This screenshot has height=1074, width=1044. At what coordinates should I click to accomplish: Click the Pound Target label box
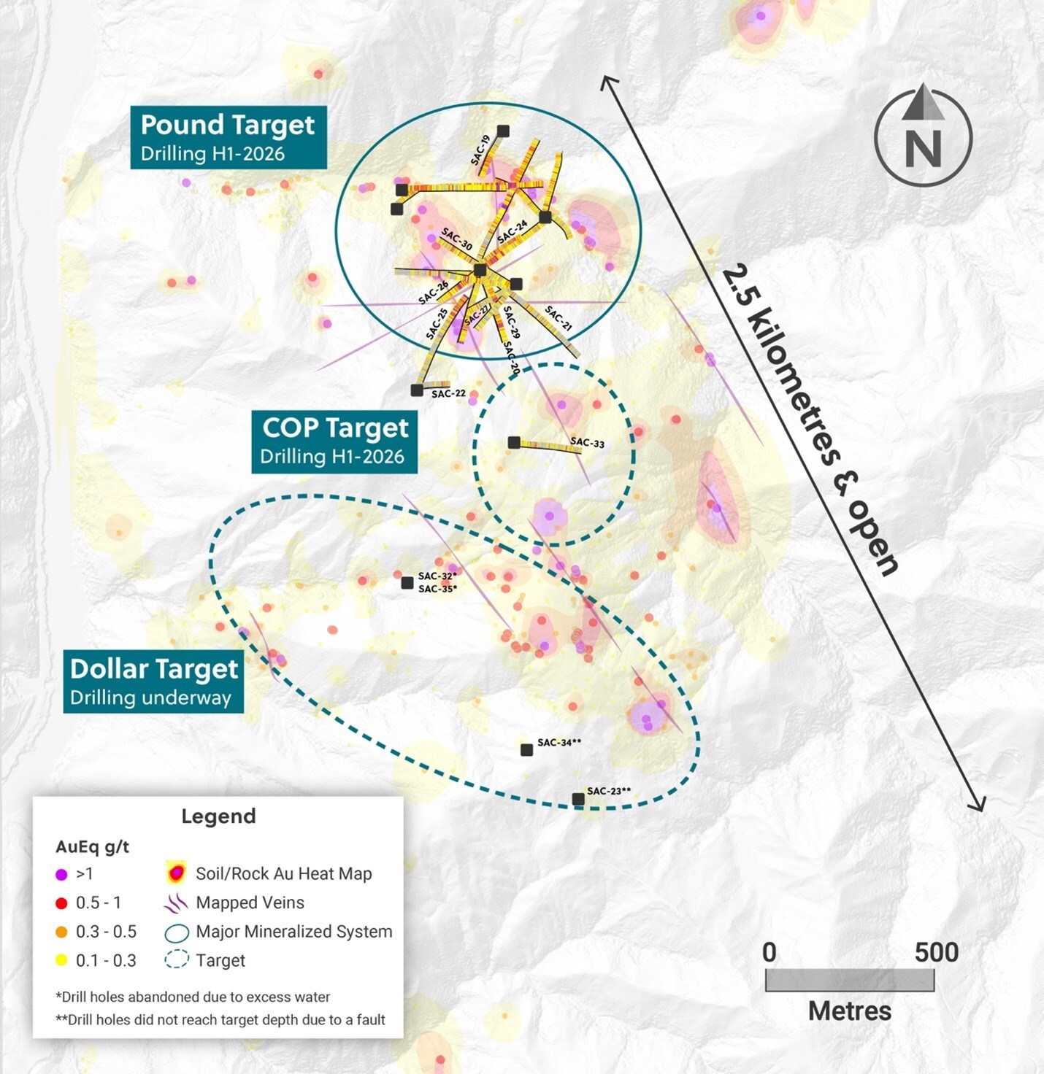coord(228,137)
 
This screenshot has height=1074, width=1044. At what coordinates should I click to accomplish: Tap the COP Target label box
coord(334,441)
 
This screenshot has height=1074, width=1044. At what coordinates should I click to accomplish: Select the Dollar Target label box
coord(153,681)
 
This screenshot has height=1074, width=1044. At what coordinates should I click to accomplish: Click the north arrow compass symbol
coord(923,137)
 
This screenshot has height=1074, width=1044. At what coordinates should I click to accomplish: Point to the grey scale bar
coord(849,981)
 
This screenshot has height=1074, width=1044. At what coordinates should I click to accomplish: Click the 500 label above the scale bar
coord(936,952)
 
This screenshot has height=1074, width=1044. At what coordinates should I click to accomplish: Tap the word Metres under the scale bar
coord(849,1011)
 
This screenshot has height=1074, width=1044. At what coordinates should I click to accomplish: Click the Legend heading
coord(218,816)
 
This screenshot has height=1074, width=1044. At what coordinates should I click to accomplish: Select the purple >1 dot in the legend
coord(62,874)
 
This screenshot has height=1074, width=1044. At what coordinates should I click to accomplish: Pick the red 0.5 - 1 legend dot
coord(62,903)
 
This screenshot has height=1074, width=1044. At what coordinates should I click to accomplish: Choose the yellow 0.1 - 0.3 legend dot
coord(62,961)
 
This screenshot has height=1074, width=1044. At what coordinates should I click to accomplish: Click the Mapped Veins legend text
coord(250,903)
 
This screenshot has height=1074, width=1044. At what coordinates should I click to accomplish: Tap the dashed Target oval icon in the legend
coord(177,960)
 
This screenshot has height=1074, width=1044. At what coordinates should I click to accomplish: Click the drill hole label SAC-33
coord(587,443)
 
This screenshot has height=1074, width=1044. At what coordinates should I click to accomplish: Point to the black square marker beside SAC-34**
coord(526,750)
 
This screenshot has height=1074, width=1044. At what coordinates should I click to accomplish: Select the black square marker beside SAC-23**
coord(578,800)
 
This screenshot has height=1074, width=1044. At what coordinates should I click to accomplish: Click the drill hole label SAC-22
coord(448,394)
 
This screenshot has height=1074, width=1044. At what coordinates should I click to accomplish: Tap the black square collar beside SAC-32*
coord(407,583)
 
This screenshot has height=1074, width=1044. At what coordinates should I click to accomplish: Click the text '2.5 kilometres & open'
coord(810,421)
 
